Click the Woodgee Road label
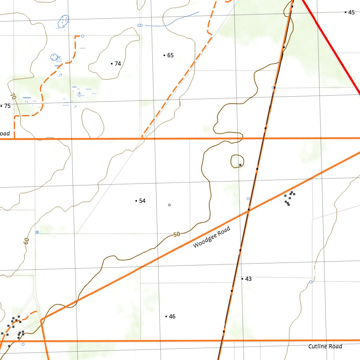tap(212, 237)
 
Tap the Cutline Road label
tap(325, 346)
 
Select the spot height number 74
tap(117, 64)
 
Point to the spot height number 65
tap(170, 55)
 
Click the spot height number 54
tap(142, 201)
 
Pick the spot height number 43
tap(248, 279)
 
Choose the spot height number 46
tap(172, 316)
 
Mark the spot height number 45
tap(351, 12)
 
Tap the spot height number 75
tap(7, 106)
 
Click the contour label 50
tap(176, 234)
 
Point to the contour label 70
tap(13, 96)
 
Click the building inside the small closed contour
tap(240, 165)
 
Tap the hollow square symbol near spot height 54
tap(169, 205)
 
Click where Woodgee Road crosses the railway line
tap(249, 210)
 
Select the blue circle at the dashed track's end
tap(83, 36)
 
